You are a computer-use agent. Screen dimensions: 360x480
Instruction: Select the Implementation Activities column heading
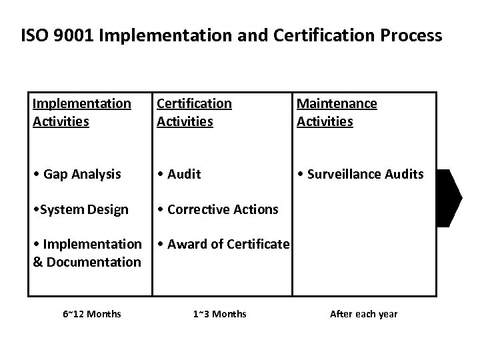point(81,112)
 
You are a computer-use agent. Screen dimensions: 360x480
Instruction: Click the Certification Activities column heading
point(194,112)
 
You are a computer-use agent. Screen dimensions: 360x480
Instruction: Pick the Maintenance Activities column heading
point(337,112)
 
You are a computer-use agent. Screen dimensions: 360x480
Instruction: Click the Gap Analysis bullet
point(77,174)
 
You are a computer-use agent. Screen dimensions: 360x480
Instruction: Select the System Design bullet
point(80,209)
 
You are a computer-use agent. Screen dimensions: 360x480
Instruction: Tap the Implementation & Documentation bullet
point(87,253)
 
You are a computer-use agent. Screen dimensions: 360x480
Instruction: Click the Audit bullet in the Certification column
point(179,174)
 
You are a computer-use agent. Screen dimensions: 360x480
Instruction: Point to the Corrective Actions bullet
point(217,209)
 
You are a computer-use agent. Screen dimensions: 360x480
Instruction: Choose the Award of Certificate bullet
point(223,244)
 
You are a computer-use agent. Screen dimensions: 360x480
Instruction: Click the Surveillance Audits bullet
point(360,174)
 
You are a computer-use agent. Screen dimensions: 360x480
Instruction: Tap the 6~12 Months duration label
point(92,313)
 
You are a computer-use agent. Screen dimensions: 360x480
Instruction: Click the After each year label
point(363,313)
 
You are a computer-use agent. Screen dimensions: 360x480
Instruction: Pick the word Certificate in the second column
point(257,244)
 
